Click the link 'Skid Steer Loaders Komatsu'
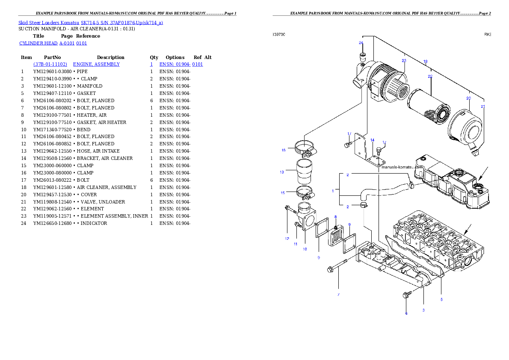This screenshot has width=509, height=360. coord(49,23)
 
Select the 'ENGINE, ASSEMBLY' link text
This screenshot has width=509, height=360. coord(96,64)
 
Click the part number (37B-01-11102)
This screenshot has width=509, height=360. coord(50,64)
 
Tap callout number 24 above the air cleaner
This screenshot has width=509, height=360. coord(361,43)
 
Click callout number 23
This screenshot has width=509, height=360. coord(404,60)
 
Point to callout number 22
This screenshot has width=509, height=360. coord(430,76)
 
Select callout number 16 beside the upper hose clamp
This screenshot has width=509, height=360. coord(283,150)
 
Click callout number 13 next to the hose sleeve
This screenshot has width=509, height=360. coord(282,172)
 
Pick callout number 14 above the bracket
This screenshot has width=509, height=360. coord(372,140)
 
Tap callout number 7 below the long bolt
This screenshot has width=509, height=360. coord(338,295)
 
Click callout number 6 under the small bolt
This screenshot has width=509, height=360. coord(406,313)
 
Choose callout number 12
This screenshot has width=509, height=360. coord(287,238)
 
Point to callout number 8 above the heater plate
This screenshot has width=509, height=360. coord(335,217)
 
